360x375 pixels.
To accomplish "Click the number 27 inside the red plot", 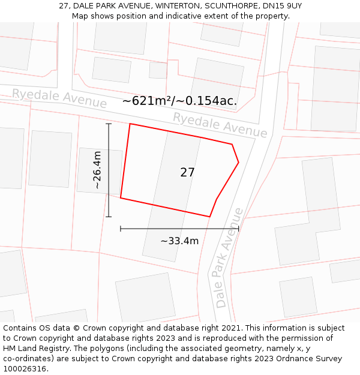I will tap(187, 172).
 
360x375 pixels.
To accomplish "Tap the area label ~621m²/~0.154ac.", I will tap(179, 101).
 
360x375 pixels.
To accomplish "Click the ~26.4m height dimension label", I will tap(97, 170).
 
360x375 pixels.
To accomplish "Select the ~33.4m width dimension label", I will tap(179, 241).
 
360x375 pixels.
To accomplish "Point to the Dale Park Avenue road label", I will tap(230, 257).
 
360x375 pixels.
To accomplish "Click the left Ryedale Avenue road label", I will tap(59, 98).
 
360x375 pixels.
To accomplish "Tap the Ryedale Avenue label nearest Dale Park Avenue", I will tap(220, 125).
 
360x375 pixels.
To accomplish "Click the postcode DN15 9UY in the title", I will tap(282, 6).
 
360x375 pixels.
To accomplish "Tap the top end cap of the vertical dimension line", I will tap(109, 124).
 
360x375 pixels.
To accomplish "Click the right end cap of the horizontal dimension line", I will tap(238, 229).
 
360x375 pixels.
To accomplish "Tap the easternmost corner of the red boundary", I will tap(239, 162).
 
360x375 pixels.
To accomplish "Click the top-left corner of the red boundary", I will tap(130, 124).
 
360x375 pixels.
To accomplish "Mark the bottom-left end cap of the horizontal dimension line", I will tap(121, 229).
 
